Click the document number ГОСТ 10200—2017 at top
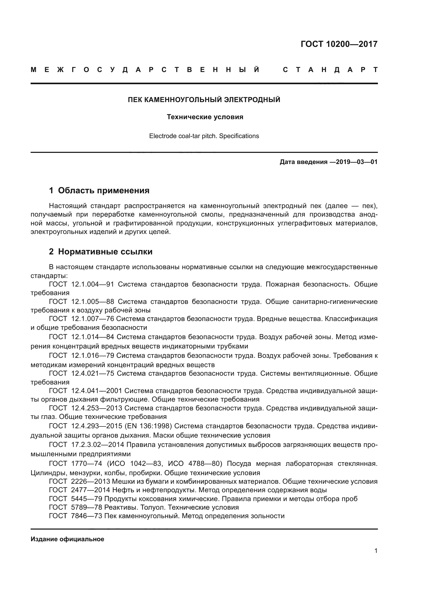(x=339, y=44)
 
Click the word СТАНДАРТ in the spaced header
(x=330, y=70)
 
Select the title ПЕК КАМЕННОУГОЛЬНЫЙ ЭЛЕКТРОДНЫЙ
(x=204, y=100)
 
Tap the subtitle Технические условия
(x=205, y=117)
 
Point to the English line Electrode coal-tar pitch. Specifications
(x=204, y=136)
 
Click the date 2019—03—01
(x=357, y=162)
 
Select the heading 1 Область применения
(x=99, y=190)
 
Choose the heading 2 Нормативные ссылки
(x=101, y=252)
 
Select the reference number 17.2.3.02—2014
(x=98, y=445)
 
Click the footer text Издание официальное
(x=67, y=539)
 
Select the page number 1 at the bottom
(x=376, y=551)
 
